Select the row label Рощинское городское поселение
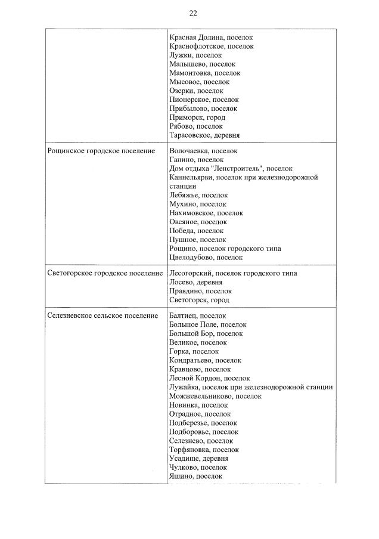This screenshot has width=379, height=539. coord(97,151)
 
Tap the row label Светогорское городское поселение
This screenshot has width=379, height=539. coord(105,273)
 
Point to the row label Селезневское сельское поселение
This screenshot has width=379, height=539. coord(102,315)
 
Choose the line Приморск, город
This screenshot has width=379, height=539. coord(197,117)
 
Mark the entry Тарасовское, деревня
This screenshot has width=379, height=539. coord(204,135)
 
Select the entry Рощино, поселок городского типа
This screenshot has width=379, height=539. coord(225,249)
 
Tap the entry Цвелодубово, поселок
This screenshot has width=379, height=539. coord(206,258)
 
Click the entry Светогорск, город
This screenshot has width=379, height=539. coord(199,300)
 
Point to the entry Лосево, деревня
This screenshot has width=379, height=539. coord(196,282)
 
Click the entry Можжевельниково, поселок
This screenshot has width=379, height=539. coord(215,396)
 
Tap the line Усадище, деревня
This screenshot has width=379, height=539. coord(198,459)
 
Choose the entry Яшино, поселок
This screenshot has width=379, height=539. coord(196,476)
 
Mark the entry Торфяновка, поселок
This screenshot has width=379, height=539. coord(204,450)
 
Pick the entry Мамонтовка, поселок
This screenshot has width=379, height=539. coord(205,73)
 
